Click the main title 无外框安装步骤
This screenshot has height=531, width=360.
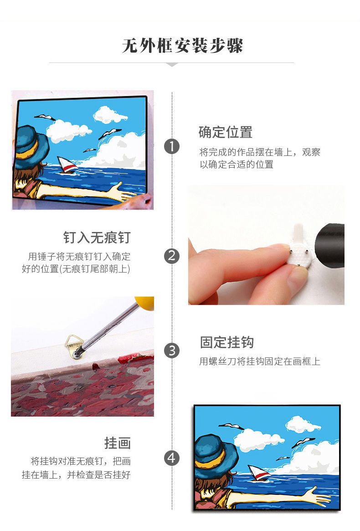click(182, 46)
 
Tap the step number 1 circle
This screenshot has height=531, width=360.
click(172, 147)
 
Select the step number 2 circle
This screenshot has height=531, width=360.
click(172, 256)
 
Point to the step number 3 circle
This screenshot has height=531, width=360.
click(172, 351)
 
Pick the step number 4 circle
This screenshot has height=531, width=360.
click(172, 458)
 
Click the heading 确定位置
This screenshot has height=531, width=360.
click(226, 132)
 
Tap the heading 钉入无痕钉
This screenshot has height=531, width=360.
click(97, 237)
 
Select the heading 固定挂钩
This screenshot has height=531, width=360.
click(227, 342)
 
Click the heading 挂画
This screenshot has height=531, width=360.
click(118, 443)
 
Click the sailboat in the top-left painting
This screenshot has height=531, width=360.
click(67, 165)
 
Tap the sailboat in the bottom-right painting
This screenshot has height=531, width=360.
click(259, 473)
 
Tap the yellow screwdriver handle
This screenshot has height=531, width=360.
click(144, 302)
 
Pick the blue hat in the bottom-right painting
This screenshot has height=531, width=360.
click(214, 452)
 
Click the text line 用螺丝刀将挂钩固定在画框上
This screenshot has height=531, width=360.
click(260, 361)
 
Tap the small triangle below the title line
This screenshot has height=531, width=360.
click(172, 64)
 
